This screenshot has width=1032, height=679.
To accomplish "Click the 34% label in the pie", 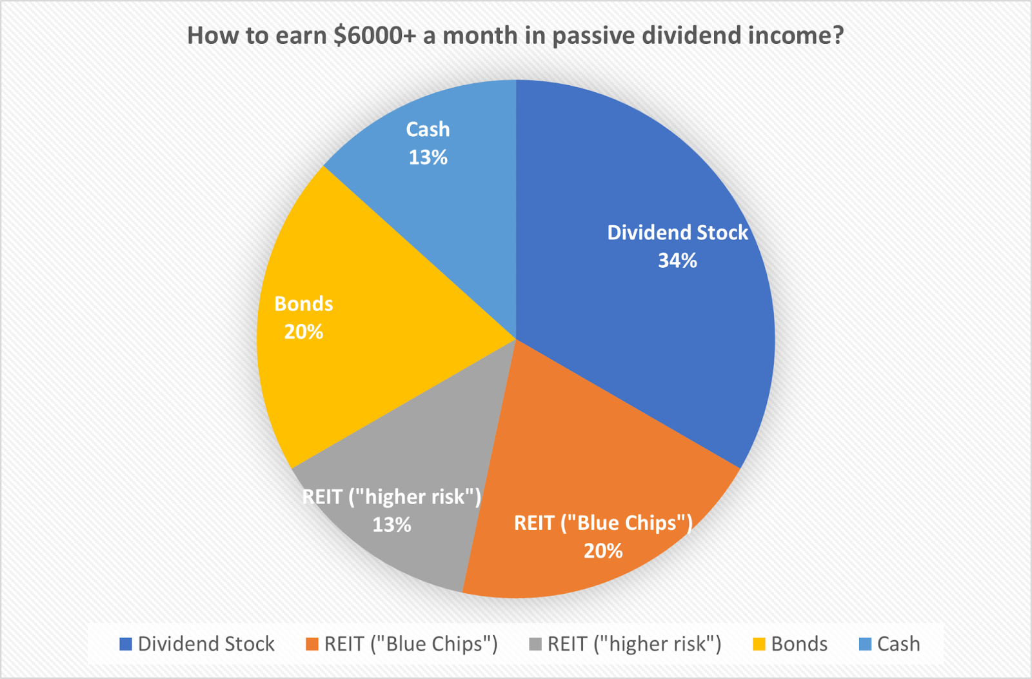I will [x=677, y=261].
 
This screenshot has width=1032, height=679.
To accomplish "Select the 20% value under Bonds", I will [x=304, y=332].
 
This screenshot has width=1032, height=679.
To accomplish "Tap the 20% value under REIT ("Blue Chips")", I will [x=603, y=551].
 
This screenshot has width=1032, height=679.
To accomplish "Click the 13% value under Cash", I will [x=428, y=157].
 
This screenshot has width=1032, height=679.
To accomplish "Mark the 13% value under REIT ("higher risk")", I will [x=392, y=525].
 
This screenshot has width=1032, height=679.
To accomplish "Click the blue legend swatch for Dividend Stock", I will [x=126, y=644].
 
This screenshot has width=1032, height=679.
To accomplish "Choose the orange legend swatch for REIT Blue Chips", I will [x=312, y=644].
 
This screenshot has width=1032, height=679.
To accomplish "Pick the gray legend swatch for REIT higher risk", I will [x=535, y=644].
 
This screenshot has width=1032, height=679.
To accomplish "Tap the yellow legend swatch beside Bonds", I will [x=759, y=644].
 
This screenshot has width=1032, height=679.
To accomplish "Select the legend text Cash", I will [x=898, y=644].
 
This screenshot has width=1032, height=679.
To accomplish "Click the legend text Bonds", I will [x=799, y=644].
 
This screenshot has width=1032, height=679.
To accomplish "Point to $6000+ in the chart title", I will [x=375, y=35].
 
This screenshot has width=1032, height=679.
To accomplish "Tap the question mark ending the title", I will [x=838, y=35].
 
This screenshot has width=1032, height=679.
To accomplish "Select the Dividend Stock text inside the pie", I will [x=677, y=232].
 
